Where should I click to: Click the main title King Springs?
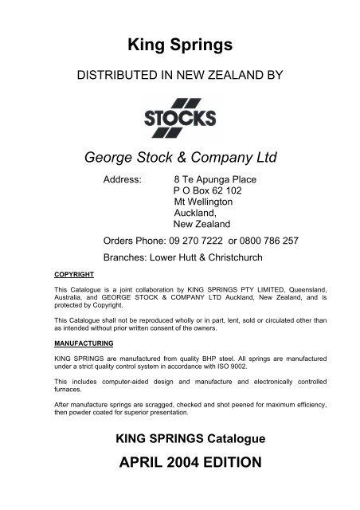tap(180, 45)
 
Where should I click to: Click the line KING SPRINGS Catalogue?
tap(180, 439)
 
